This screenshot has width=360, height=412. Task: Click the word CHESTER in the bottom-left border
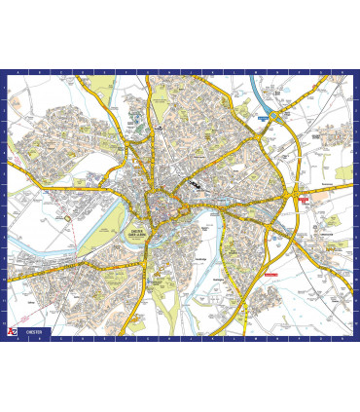pos(35,333)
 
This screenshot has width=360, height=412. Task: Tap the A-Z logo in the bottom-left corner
pos(12,332)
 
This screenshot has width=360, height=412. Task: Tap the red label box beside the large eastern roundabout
pos(305,199)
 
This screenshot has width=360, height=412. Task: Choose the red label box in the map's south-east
pos(270,275)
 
